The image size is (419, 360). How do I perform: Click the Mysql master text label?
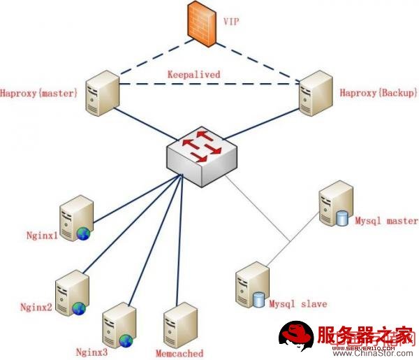coord(386,221)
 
